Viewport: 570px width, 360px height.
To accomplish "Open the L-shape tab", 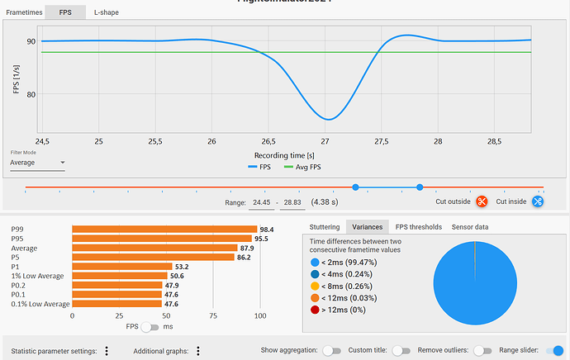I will [105, 13].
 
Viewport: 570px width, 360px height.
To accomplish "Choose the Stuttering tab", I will [324, 227].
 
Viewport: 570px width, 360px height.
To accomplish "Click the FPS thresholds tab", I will [419, 227].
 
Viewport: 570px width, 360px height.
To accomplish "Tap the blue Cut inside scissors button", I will [538, 201].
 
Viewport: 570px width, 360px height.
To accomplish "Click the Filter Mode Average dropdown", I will [37, 163].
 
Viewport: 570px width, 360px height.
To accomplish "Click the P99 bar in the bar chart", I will [164, 230].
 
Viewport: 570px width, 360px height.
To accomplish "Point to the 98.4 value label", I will [267, 230].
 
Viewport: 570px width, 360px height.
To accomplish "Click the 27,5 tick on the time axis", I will [381, 141].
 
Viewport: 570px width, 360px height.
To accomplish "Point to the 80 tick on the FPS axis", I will [31, 94].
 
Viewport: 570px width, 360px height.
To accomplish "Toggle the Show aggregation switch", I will [331, 350].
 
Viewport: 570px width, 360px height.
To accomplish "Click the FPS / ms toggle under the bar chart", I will [150, 327].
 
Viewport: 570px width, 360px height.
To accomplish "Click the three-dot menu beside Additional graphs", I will [197, 351].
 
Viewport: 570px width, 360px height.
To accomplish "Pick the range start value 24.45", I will [261, 202].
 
